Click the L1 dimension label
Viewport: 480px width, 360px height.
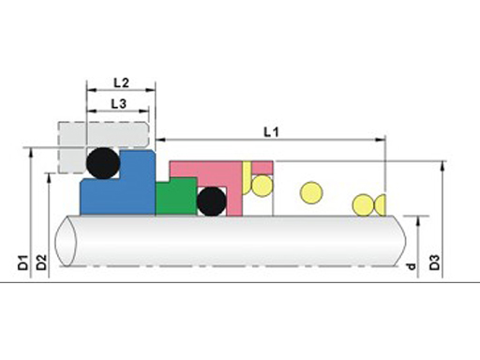point(271,132)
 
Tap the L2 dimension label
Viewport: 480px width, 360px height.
point(121,82)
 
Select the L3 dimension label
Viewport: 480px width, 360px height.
point(119,104)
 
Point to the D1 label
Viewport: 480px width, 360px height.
point(23,262)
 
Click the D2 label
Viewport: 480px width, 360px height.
point(41,262)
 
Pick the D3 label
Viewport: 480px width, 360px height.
point(435,262)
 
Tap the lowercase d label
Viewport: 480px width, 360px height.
point(412,266)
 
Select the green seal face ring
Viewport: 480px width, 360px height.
point(176,197)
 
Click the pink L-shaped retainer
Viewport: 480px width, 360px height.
point(234,187)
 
